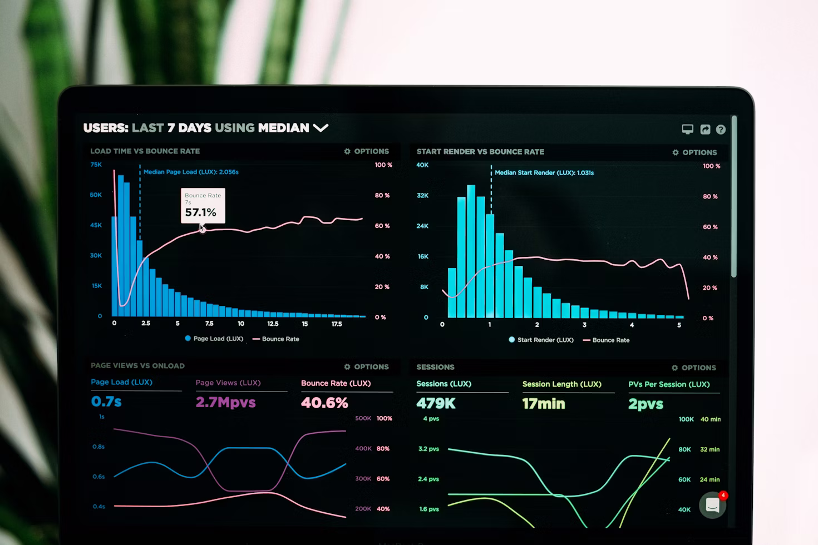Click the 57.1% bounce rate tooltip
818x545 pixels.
(203, 206)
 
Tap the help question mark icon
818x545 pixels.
(721, 130)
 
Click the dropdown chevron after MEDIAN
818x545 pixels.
(321, 128)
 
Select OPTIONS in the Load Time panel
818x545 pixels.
(367, 151)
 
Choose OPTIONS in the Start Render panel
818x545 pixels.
(694, 152)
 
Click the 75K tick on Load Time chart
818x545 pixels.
(96, 165)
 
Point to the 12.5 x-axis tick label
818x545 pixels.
(273, 324)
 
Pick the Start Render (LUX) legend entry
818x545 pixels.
(541, 340)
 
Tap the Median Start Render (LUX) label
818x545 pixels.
(544, 173)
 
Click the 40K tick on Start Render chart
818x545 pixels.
(422, 165)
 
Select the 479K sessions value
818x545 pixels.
(436, 403)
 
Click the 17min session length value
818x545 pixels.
(543, 404)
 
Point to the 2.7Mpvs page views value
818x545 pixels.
(225, 402)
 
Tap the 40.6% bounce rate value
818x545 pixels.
(324, 403)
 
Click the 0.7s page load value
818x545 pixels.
(106, 402)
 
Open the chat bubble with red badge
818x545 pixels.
(713, 505)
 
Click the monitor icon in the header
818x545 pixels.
(688, 130)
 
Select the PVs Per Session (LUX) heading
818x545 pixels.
(669, 384)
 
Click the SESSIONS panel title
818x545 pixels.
(435, 367)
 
